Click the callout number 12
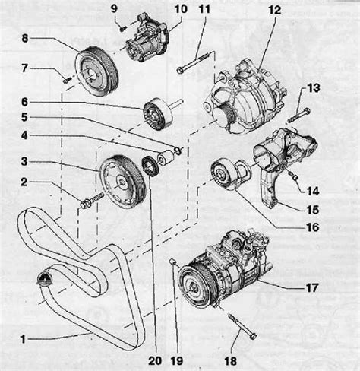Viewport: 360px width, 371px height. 274,11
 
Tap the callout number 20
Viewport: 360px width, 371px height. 155,360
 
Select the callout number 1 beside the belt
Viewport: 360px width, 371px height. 23,339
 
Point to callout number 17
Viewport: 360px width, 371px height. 311,288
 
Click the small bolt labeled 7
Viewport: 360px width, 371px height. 67,80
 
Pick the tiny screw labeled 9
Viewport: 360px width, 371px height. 123,29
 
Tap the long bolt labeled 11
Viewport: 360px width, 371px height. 194,62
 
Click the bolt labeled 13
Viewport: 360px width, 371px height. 299,115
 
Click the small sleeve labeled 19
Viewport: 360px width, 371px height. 172,262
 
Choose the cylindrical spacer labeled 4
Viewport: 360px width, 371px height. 165,157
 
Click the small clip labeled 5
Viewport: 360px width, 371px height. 178,151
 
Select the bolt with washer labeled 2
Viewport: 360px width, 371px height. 92,200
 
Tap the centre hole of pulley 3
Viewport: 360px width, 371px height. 122,182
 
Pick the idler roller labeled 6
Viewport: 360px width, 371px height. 158,114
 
